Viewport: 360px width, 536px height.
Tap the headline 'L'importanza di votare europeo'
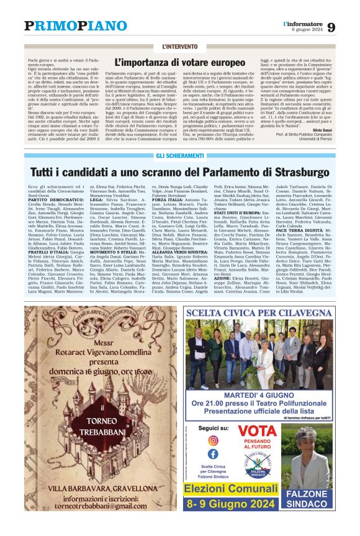click(x=180, y=62)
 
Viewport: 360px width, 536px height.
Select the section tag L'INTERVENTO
click(x=180, y=47)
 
